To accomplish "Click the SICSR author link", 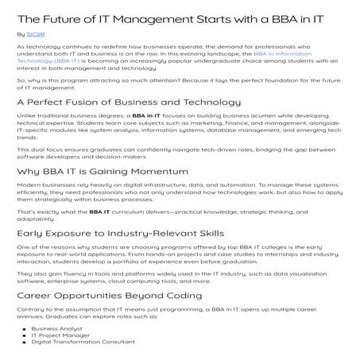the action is [x=35, y=35].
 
